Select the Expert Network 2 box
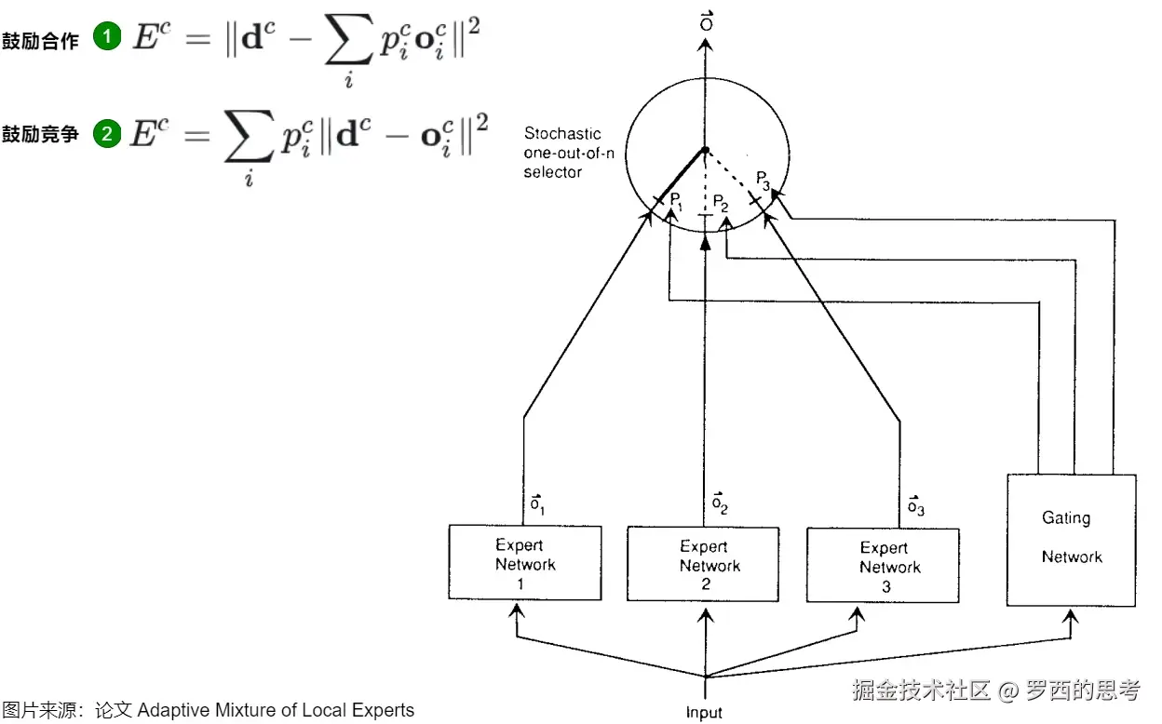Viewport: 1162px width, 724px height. (x=703, y=565)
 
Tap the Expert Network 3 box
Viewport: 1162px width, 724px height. (x=883, y=567)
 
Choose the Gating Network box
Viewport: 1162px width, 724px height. (x=1072, y=540)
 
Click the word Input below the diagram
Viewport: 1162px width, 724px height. (x=704, y=713)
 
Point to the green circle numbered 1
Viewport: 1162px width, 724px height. (x=108, y=38)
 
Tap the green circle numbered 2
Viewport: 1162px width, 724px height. (x=108, y=134)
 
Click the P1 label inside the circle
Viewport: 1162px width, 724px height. (x=677, y=202)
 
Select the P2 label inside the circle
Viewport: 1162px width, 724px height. (x=720, y=203)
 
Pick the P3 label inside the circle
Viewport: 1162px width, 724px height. (x=763, y=179)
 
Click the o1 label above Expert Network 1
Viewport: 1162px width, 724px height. (x=537, y=505)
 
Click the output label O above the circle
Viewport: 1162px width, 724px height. (x=706, y=21)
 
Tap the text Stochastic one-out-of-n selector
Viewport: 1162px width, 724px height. (x=562, y=153)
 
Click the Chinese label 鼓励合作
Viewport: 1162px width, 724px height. (x=40, y=40)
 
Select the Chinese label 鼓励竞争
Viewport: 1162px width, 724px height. (x=40, y=135)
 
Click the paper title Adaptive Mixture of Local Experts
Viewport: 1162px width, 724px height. (x=276, y=710)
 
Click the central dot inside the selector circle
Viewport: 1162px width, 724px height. (x=706, y=150)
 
